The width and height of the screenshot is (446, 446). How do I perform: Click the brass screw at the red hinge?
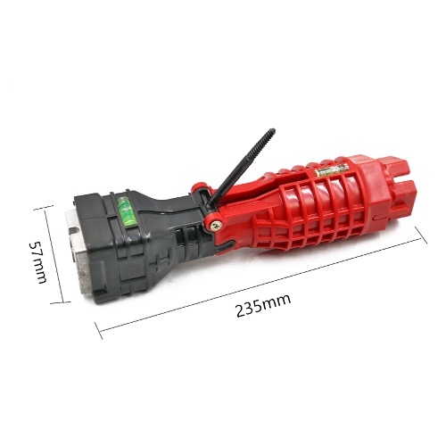tap(215, 225)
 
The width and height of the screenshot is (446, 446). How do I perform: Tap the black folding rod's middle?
tap(241, 168)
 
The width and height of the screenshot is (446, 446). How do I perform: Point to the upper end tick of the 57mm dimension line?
tap(44, 207)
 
